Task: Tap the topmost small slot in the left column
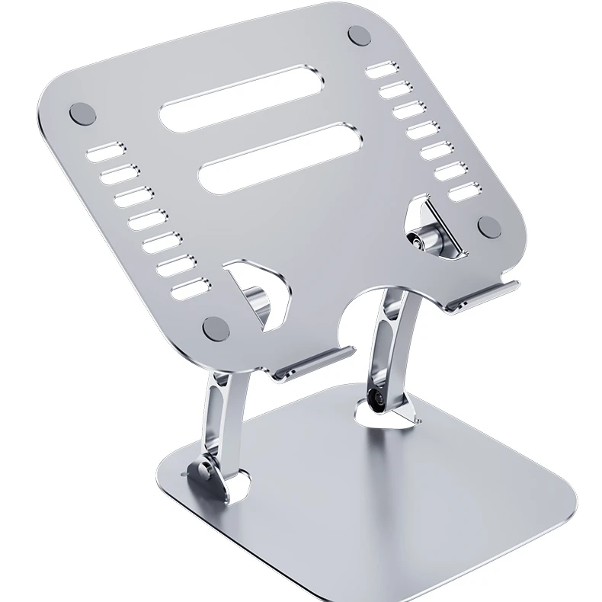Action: tap(104, 152)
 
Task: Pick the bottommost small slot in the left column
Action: tap(191, 289)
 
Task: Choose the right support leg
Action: tap(389, 343)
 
